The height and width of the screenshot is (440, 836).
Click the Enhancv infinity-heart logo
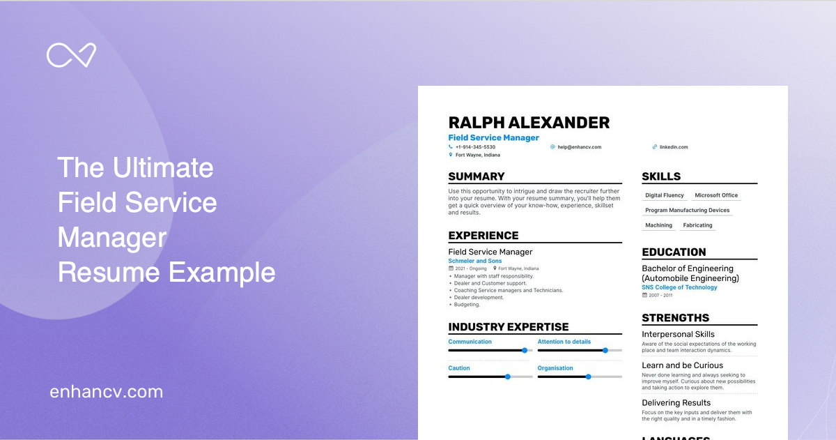tap(71, 55)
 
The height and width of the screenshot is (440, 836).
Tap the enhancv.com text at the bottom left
tap(106, 392)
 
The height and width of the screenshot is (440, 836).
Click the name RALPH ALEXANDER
tap(529, 123)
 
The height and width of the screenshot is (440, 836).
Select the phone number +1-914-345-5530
tap(475, 147)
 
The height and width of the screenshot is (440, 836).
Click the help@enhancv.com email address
tap(579, 147)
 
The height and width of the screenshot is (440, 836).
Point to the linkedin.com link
tap(673, 147)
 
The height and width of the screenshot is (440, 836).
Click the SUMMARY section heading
tap(477, 176)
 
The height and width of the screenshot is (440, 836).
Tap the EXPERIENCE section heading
tap(483, 236)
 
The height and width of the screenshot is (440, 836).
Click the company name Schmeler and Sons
tap(475, 261)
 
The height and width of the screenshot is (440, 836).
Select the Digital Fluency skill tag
tap(665, 195)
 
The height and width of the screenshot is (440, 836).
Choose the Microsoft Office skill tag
tap(716, 195)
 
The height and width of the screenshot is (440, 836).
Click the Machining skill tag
tap(658, 225)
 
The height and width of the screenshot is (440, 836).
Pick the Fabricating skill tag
tap(697, 225)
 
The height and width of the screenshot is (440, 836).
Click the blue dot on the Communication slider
tap(525, 350)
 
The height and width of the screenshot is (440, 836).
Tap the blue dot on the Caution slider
tap(507, 377)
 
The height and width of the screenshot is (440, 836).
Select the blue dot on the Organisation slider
tap(588, 377)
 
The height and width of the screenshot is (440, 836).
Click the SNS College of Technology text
tap(679, 287)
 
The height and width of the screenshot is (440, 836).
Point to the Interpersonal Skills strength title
tap(678, 334)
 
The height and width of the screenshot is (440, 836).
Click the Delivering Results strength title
tap(676, 402)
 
